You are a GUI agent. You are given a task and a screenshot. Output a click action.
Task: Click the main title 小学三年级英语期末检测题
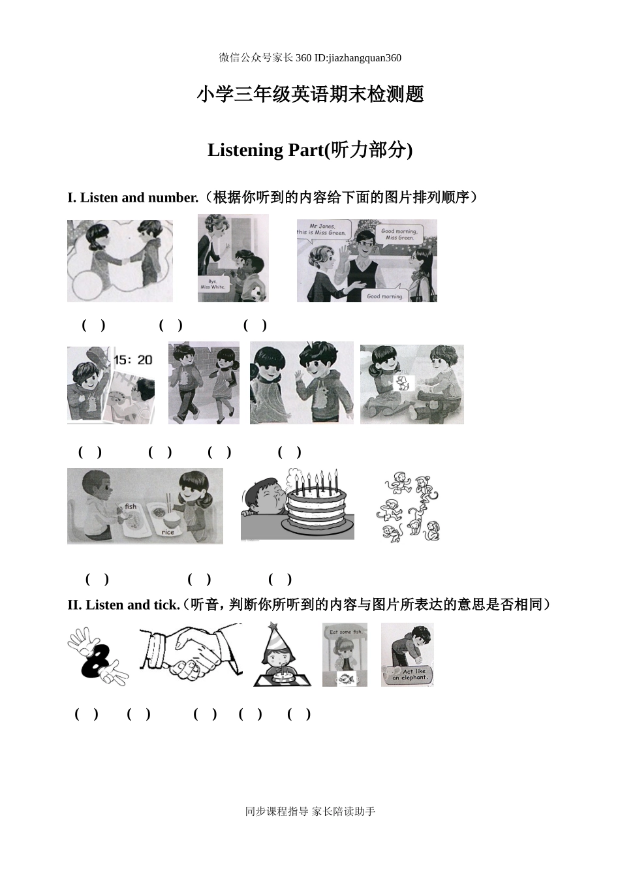(x=310, y=95)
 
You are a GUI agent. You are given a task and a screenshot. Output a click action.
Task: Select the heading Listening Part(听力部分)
(x=310, y=150)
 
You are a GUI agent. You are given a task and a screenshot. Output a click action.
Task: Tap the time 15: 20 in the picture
(x=132, y=360)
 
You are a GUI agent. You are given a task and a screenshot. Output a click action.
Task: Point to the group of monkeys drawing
(x=410, y=507)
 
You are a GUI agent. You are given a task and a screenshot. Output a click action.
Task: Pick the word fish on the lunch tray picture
(x=131, y=507)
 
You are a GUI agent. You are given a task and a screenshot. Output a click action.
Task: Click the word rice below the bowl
(x=168, y=532)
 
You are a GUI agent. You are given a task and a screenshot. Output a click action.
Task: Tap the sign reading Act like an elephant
(x=409, y=674)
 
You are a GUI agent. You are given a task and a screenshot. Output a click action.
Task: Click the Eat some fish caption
(x=345, y=631)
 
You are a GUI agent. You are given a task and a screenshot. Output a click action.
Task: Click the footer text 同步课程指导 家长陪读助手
(x=310, y=811)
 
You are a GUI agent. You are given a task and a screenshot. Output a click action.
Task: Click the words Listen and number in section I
(x=138, y=197)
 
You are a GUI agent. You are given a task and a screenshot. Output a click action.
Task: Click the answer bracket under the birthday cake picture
(x=199, y=579)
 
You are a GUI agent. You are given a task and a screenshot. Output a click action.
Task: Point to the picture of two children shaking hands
(x=120, y=260)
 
